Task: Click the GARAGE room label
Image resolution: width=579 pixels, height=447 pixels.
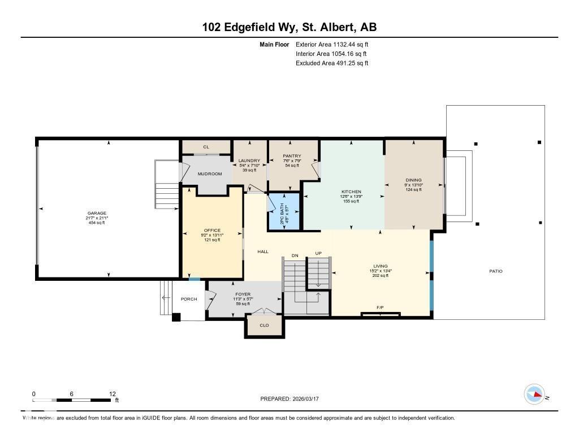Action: (96, 214)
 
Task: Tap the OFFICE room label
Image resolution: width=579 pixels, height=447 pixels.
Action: (212, 231)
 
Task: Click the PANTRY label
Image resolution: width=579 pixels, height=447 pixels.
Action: (293, 156)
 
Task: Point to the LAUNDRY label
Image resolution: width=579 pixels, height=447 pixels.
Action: (249, 160)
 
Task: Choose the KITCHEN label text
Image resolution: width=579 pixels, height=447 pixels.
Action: (351, 192)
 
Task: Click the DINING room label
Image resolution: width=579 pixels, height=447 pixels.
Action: (413, 180)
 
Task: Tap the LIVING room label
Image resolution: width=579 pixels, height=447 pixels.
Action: (380, 266)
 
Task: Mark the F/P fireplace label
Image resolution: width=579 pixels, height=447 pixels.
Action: (380, 308)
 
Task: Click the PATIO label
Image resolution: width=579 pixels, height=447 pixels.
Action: (496, 271)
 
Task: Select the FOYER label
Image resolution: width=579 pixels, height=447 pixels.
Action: (243, 294)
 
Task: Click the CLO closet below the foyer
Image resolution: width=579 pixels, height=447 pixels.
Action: (264, 326)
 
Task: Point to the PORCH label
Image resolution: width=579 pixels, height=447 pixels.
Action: (189, 299)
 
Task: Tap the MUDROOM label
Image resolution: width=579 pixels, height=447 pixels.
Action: (209, 174)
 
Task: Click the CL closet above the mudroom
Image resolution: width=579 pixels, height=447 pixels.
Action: (206, 147)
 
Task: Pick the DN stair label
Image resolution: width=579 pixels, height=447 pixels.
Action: (295, 256)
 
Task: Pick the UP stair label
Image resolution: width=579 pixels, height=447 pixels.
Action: (318, 254)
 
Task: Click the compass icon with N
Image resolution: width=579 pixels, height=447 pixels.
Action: (534, 394)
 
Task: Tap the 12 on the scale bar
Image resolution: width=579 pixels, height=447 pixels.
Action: (113, 394)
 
